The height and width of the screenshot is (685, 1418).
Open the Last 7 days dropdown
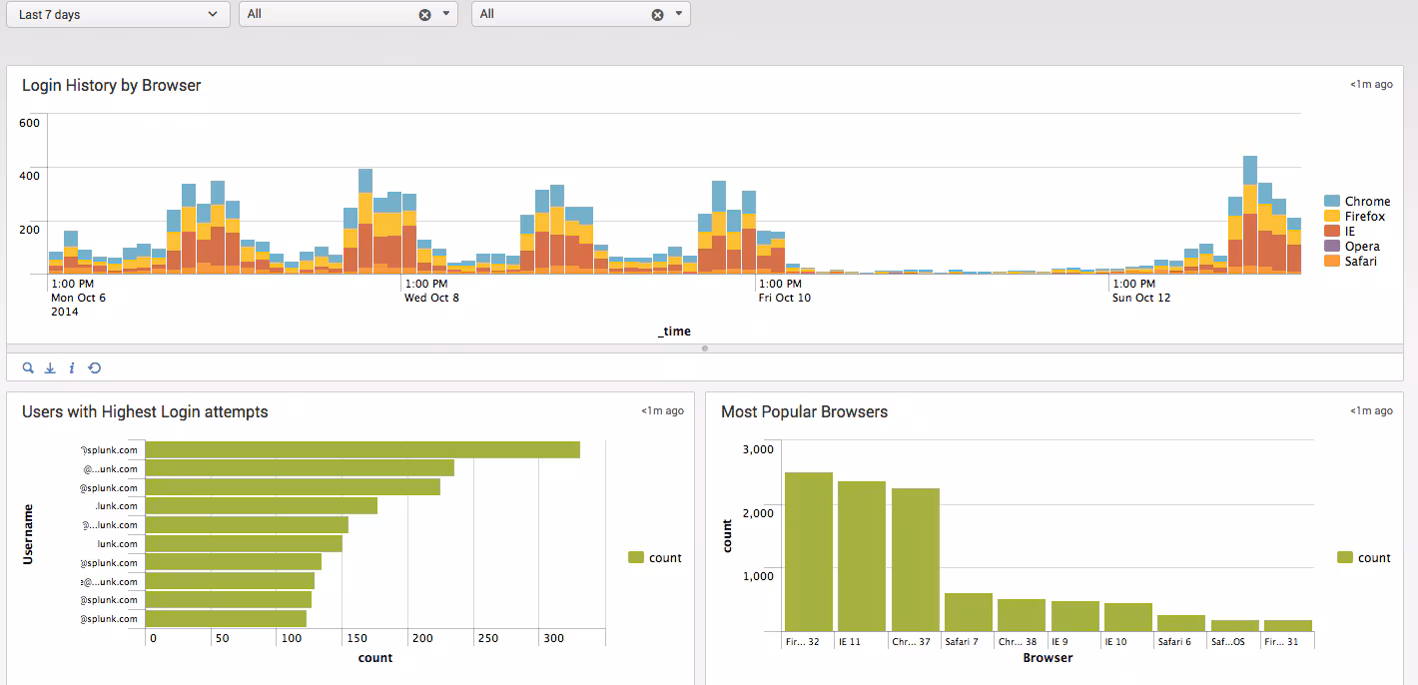click(x=118, y=14)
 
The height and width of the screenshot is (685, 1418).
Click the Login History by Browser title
click(x=112, y=86)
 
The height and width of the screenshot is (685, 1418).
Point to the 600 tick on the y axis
click(x=30, y=123)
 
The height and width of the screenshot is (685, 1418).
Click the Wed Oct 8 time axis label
click(x=431, y=298)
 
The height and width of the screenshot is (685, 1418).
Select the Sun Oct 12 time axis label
click(x=1141, y=298)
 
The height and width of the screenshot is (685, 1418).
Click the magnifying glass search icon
click(x=28, y=368)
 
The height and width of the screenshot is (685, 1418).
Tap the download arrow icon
click(x=50, y=368)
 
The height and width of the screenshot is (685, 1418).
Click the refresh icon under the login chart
click(x=95, y=368)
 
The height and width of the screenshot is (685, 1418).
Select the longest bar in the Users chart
click(x=362, y=450)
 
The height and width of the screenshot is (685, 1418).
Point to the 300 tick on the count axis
click(x=552, y=638)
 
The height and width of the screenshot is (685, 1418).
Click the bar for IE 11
click(x=862, y=555)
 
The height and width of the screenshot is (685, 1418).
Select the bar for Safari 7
click(x=969, y=611)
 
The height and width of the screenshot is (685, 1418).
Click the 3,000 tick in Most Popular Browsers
click(x=759, y=449)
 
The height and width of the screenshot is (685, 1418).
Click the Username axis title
click(x=28, y=534)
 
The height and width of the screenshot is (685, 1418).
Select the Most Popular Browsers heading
click(x=804, y=412)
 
